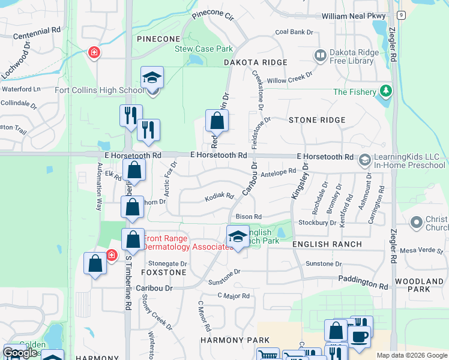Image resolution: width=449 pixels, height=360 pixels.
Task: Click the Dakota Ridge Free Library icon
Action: tap(320, 56)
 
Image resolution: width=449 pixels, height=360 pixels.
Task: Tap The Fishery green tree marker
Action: tap(386, 92)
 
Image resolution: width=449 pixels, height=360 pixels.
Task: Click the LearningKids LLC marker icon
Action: tap(364, 160)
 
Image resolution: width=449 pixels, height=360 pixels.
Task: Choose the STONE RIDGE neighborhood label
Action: tap(317, 120)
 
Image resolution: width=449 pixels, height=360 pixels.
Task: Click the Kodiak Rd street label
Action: tap(218, 196)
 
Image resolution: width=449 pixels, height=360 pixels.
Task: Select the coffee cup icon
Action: tap(360, 336)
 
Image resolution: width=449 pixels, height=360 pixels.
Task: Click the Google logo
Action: tap(20, 353)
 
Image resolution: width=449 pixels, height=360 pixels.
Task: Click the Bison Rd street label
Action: tap(249, 217)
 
